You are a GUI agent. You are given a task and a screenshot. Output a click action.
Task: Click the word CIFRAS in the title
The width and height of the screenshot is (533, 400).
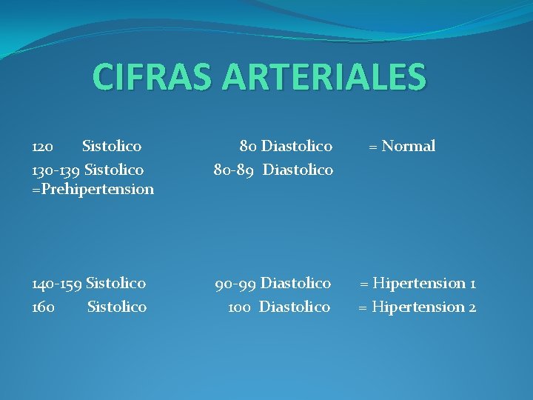pos(147,77)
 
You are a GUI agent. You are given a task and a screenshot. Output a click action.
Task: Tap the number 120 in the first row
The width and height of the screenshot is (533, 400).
pos(43,147)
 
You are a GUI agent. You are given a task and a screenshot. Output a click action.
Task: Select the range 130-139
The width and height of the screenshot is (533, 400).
pos(56,170)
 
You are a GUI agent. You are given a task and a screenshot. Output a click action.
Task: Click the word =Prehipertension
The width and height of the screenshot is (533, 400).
pos(93,189)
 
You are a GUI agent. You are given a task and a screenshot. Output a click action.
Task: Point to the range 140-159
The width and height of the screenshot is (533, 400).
pos(56,283)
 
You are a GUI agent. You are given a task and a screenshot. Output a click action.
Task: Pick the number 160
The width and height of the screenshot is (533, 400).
pos(43,307)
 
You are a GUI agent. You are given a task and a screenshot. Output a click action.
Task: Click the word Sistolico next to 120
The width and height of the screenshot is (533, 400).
pos(112,147)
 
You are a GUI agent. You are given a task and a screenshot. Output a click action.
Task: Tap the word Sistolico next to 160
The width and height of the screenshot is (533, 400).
pos(117,307)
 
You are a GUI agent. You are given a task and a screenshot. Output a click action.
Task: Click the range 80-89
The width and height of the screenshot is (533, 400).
pos(235,170)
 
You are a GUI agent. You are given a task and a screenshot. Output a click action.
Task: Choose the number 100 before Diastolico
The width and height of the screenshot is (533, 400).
pos(239,307)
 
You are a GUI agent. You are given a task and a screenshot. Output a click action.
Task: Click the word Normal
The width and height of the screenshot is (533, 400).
pos(408,147)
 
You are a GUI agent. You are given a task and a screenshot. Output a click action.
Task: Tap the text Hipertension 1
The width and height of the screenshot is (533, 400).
pos(424,283)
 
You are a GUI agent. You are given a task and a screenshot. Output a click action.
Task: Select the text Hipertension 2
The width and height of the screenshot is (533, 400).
pos(424,307)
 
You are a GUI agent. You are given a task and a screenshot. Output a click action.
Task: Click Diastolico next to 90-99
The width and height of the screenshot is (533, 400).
pos(296,283)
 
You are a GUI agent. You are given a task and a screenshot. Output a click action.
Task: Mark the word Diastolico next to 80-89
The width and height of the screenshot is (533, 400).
pos(298,170)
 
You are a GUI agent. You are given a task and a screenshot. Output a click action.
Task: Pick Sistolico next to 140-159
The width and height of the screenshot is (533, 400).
pos(116,283)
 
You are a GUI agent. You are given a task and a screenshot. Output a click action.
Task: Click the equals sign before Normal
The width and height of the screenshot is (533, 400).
pos(374,147)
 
